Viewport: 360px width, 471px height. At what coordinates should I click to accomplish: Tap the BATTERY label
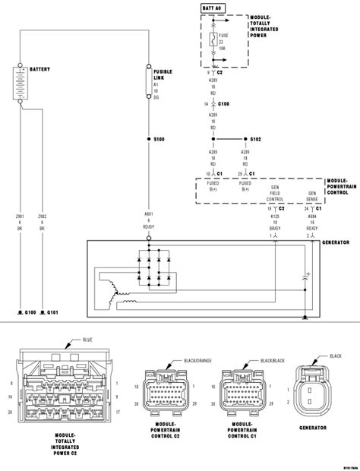[40, 69]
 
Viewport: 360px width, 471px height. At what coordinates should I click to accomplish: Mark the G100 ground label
[30, 312]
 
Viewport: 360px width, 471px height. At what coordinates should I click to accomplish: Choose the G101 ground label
[52, 312]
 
